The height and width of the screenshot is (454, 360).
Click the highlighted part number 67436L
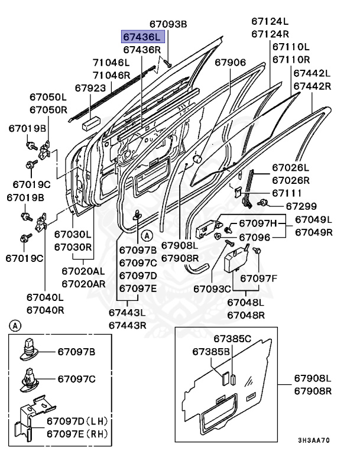point(141,37)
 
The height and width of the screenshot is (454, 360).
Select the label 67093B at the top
point(168,24)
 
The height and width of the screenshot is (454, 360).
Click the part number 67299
point(301,206)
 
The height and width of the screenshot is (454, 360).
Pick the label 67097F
point(258,278)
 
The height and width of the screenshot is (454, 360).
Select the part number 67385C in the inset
point(232,339)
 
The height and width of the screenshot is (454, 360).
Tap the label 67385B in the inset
point(210,352)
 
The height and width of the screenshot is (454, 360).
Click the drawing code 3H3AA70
point(313,440)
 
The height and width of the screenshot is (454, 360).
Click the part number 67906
point(230,62)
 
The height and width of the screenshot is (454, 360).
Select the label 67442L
point(312,73)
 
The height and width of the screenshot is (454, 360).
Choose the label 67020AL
point(83,271)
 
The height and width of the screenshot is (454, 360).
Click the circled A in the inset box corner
point(15,326)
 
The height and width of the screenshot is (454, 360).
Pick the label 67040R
point(45,309)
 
